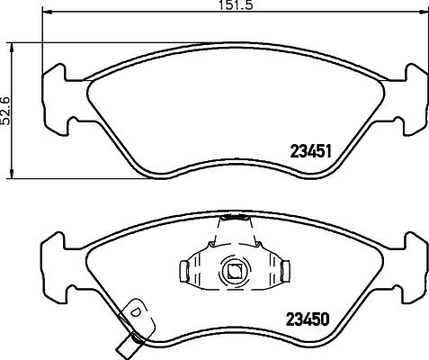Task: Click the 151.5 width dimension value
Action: point(236,4)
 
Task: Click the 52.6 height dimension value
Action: point(5,111)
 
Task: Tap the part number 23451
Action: point(311,151)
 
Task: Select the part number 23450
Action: point(308,319)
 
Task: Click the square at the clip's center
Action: point(235,271)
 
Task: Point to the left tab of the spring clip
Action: point(184,271)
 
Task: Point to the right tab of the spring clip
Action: point(286,271)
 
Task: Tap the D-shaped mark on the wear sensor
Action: point(136,311)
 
